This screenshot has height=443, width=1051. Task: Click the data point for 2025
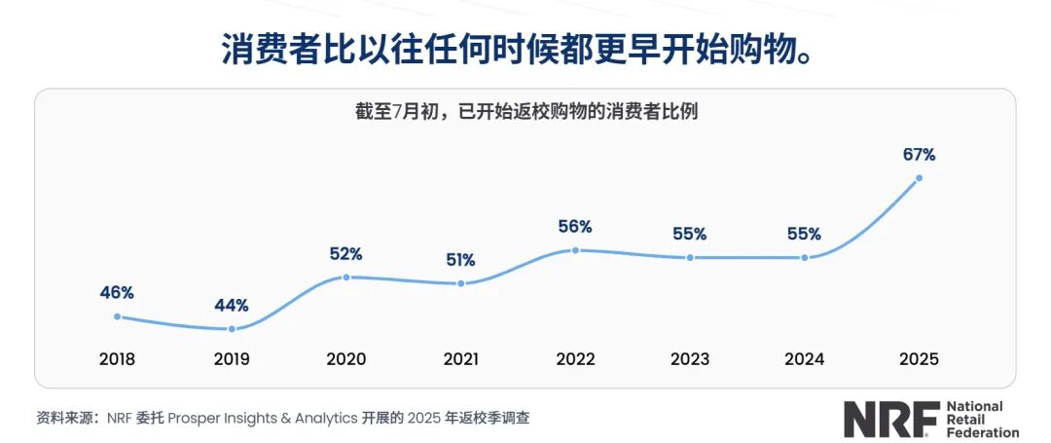[x=919, y=178]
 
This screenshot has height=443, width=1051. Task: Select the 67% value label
[x=919, y=154]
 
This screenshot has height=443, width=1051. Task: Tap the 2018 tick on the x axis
[x=117, y=359]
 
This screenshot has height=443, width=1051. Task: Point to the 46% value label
[x=117, y=292]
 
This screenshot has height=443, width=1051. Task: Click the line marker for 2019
[x=232, y=329]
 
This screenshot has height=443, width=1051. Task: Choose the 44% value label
[x=232, y=306]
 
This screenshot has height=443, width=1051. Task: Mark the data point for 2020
[x=345, y=277]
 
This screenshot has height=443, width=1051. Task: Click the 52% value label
[x=345, y=254]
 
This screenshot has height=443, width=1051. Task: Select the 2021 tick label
[x=460, y=359]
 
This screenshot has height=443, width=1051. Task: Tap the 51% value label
[x=460, y=260]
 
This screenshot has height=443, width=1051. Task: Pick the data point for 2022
[x=575, y=250]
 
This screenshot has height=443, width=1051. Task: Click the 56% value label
[x=575, y=227]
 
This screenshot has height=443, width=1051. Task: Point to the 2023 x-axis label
[x=690, y=359]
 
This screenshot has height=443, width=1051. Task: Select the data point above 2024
[x=805, y=257]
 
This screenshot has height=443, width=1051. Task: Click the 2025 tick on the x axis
[x=919, y=359]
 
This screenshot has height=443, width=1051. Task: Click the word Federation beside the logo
[x=982, y=431]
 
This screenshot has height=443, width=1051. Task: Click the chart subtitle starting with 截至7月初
[x=525, y=112]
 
